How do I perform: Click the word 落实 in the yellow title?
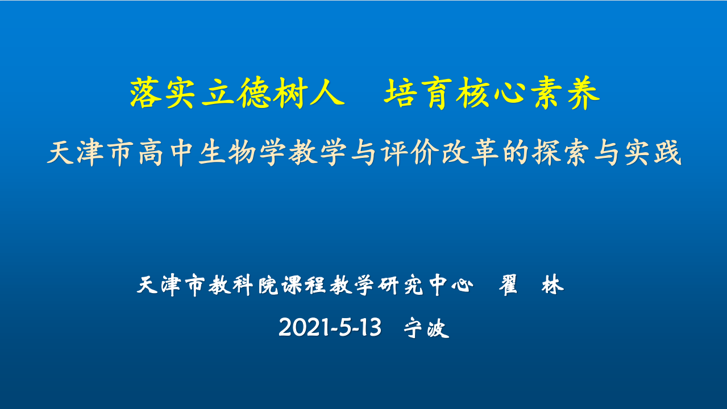coord(162,93)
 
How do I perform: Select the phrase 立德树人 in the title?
coord(273,93)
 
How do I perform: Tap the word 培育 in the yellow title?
coord(417,93)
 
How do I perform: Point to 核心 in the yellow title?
coord(490,93)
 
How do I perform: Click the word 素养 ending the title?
coord(566,93)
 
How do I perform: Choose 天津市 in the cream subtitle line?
coord(90,153)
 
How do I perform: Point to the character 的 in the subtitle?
coord(516,153)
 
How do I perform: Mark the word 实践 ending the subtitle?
coord(653,153)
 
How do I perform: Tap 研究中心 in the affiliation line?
coord(425,285)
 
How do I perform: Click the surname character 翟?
coord(508,285)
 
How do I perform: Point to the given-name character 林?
coord(552,285)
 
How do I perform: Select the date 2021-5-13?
coord(330,327)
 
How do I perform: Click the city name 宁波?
coord(426,328)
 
